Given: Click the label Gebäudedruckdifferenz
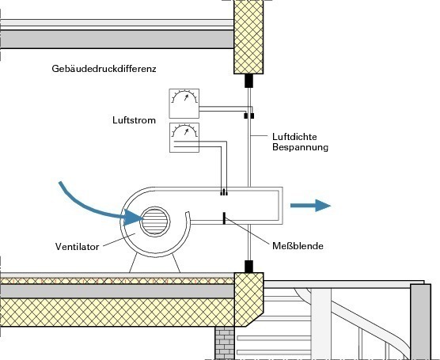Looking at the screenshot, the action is point(104,69).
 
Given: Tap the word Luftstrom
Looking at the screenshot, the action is point(134,120).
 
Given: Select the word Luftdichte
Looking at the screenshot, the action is point(294,137).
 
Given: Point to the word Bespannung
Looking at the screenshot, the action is point(300,147).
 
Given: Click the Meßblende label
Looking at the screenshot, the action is point(298,246).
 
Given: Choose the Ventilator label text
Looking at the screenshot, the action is point(78,247).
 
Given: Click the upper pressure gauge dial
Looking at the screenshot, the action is point(184,104).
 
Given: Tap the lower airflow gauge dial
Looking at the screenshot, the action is point(184,138).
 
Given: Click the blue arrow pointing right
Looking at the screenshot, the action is point(310,206).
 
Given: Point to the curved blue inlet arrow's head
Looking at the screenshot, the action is point(132,218).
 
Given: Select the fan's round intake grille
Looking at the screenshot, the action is point(155,222).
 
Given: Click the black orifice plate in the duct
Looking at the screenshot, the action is point(224,218).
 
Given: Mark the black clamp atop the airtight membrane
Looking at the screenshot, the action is point(249,81).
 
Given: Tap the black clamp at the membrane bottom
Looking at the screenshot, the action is point(249,267).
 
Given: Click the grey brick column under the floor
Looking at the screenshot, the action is point(225,343).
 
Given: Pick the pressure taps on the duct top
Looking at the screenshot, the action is point(224,192).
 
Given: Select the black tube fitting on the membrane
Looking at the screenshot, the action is point(249,116).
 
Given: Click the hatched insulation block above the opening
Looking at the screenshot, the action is point(248,36).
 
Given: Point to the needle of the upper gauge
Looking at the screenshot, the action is point(186,97).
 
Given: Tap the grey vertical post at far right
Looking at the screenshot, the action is point(420,322).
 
